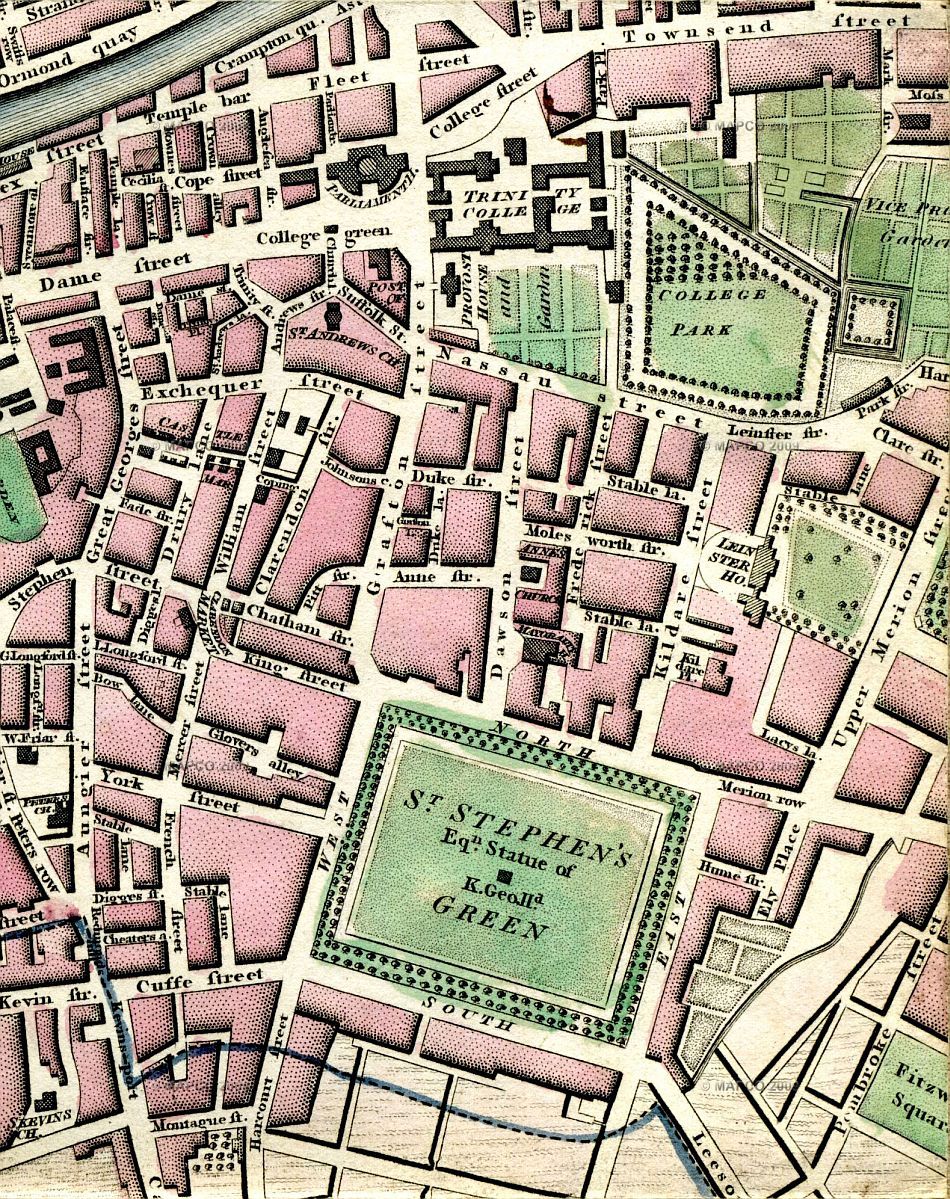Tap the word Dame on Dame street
64,284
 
